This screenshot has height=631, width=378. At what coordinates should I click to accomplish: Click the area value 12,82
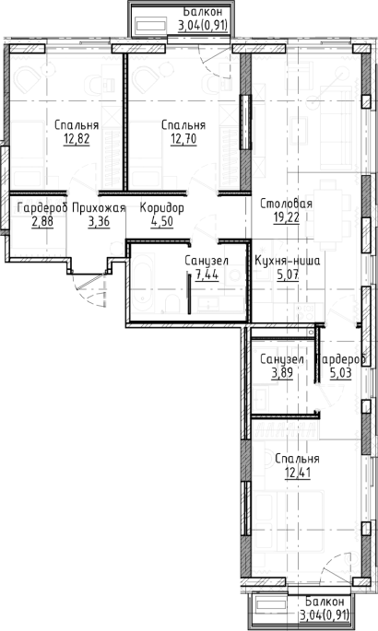(77, 139)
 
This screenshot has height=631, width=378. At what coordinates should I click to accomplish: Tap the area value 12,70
(183, 139)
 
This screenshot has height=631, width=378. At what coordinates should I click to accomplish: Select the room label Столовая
(286, 204)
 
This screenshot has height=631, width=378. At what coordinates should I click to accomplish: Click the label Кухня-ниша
(288, 262)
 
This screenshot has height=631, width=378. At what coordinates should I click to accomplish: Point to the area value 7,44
(207, 275)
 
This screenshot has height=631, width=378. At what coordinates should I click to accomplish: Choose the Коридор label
(162, 208)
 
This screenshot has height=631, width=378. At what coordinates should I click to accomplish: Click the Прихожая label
(99, 208)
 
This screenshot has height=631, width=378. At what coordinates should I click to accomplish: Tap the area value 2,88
(42, 222)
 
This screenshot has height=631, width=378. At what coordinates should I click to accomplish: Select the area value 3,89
(282, 373)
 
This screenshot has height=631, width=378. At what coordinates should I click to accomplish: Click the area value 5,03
(340, 373)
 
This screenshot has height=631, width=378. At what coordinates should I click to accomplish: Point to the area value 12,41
(298, 473)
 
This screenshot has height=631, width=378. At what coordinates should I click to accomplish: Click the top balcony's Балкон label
(203, 12)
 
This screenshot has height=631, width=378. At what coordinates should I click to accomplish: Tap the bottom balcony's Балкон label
(325, 602)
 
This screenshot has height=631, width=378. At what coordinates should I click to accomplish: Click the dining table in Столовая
(328, 215)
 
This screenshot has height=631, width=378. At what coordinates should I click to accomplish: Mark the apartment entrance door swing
(89, 289)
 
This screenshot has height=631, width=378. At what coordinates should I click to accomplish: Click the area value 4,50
(162, 222)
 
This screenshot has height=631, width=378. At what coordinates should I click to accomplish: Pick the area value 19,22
(286, 217)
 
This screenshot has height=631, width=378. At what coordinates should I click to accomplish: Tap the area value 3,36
(99, 222)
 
